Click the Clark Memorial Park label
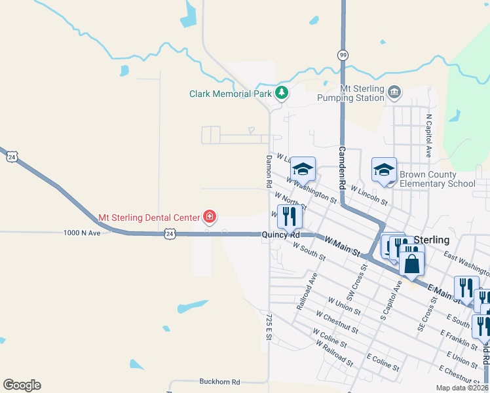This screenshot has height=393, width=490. point(230,94)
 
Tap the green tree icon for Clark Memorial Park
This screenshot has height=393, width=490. point(282,93)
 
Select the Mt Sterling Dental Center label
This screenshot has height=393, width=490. point(149,217)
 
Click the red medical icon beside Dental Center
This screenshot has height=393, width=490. point(210,216)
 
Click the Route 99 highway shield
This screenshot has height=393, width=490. point(343,55)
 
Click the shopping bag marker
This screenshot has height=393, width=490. point(412,264)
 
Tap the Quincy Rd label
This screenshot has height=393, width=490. point(280,234)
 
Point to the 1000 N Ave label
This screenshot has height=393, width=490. point(82,233)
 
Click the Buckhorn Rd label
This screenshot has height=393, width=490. point(219,381)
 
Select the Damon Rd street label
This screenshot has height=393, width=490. point(269,172)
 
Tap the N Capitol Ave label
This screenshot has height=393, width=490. point(429,136)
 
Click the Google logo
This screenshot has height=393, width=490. point(22,385)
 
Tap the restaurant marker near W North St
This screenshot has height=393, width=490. point(290,215)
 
